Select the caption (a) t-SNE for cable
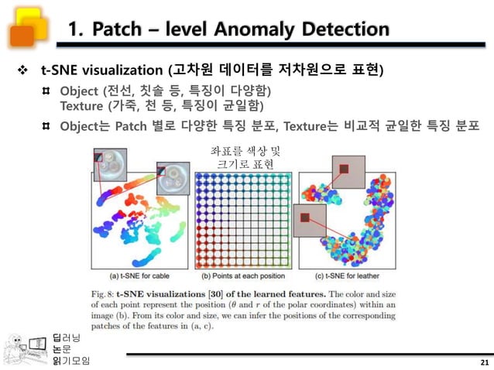pos(140,275)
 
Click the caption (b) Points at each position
pos(243,275)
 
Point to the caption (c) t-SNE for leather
pos(345,275)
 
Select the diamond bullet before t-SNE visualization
pos(23,71)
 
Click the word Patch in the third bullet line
pos(130,125)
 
